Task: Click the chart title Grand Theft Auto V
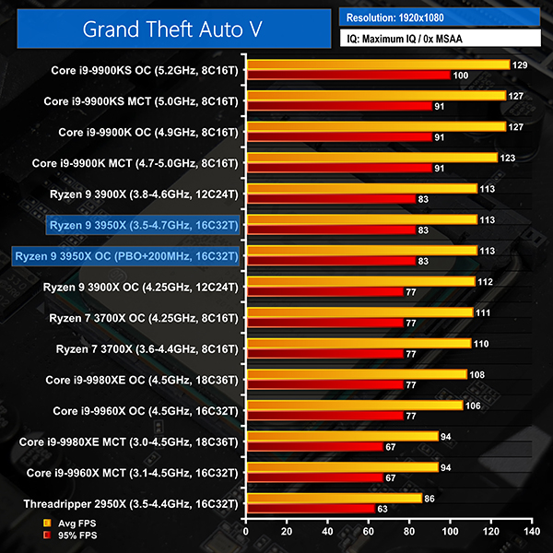[171, 29]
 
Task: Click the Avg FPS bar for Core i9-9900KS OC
[377, 65]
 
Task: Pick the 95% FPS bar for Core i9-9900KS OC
[347, 75]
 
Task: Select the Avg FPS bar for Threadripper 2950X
[333, 498]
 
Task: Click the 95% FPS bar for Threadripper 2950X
[310, 508]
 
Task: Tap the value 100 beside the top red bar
[461, 75]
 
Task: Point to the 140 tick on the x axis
[531, 532]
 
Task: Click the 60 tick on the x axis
[368, 532]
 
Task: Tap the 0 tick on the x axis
[245, 532]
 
